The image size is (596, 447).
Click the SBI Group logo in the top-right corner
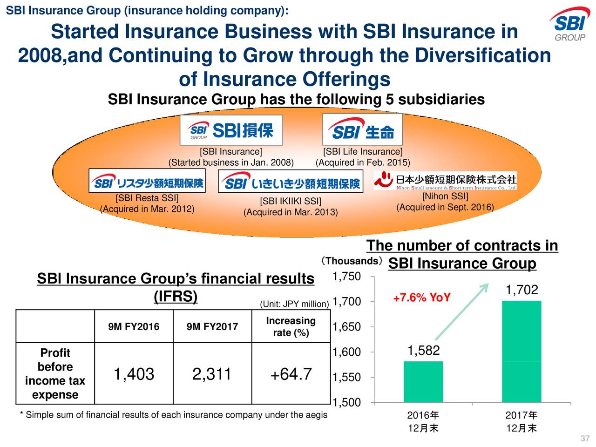click(x=569, y=25)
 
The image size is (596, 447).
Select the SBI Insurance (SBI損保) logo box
click(x=231, y=130)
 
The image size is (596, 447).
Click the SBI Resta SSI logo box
click(x=147, y=181)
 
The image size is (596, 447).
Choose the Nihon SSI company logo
click(x=445, y=181)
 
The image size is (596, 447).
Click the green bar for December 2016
click(x=423, y=382)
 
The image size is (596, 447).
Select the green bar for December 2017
click(x=521, y=352)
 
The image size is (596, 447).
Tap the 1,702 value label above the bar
click(x=521, y=291)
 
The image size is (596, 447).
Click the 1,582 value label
click(x=423, y=351)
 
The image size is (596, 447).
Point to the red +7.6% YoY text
click(x=421, y=298)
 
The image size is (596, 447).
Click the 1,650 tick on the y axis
click(x=346, y=327)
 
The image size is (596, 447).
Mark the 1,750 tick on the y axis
click(x=346, y=277)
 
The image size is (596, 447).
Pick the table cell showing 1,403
click(x=134, y=374)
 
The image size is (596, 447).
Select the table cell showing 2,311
click(x=212, y=374)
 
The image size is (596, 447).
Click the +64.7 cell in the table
click(x=291, y=374)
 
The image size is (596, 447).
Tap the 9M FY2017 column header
click(x=212, y=327)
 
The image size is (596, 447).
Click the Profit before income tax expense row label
click(x=55, y=374)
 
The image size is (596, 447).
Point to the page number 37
click(x=585, y=439)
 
